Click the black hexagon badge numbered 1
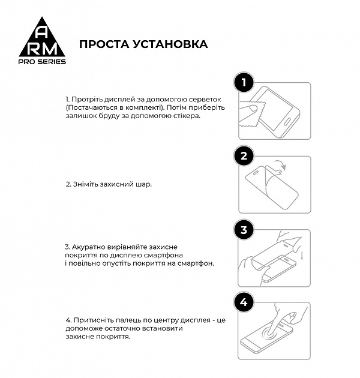coord(244,83)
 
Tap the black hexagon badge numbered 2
coord(244,157)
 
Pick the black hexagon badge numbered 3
coord(244,230)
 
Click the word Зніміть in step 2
coord(85,184)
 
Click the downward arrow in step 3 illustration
coord(302,256)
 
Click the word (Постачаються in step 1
coord(91,107)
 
